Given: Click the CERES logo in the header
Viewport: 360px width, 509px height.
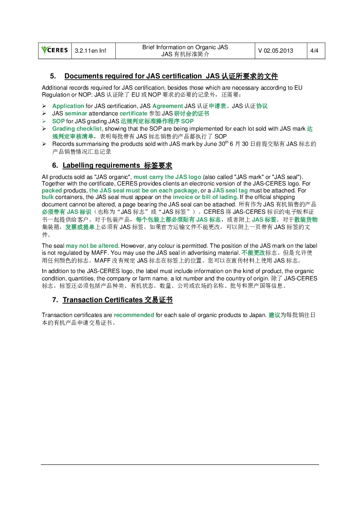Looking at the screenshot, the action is (x=54, y=51).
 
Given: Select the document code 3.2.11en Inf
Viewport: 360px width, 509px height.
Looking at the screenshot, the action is (x=90, y=51).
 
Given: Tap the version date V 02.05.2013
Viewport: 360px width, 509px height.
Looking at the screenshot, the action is (x=276, y=51).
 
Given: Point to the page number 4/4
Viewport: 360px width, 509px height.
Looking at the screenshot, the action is (x=314, y=51).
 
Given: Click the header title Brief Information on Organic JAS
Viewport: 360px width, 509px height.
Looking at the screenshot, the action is (x=185, y=47).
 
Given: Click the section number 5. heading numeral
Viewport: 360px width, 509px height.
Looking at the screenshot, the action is (x=53, y=76).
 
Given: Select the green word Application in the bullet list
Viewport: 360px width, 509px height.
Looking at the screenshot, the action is (x=68, y=106).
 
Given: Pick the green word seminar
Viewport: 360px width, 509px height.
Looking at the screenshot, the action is (x=76, y=113).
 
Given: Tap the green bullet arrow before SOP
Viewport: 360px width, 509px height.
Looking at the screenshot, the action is (x=44, y=121).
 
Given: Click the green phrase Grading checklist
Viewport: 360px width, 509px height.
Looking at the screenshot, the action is (x=77, y=129).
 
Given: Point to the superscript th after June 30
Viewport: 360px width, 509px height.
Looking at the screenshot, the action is (x=226, y=142).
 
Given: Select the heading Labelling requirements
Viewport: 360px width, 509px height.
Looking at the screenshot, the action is (x=101, y=165).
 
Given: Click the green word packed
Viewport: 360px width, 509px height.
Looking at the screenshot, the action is (x=52, y=191).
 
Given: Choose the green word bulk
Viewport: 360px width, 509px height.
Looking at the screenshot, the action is (x=48, y=197).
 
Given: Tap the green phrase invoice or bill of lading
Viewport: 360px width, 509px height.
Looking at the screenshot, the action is (x=205, y=197).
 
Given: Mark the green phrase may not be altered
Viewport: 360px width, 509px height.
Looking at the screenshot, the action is (x=92, y=246).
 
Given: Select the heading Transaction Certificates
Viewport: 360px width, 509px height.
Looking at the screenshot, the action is (x=103, y=300).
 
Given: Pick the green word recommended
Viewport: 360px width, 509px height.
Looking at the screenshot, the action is (x=134, y=315).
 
